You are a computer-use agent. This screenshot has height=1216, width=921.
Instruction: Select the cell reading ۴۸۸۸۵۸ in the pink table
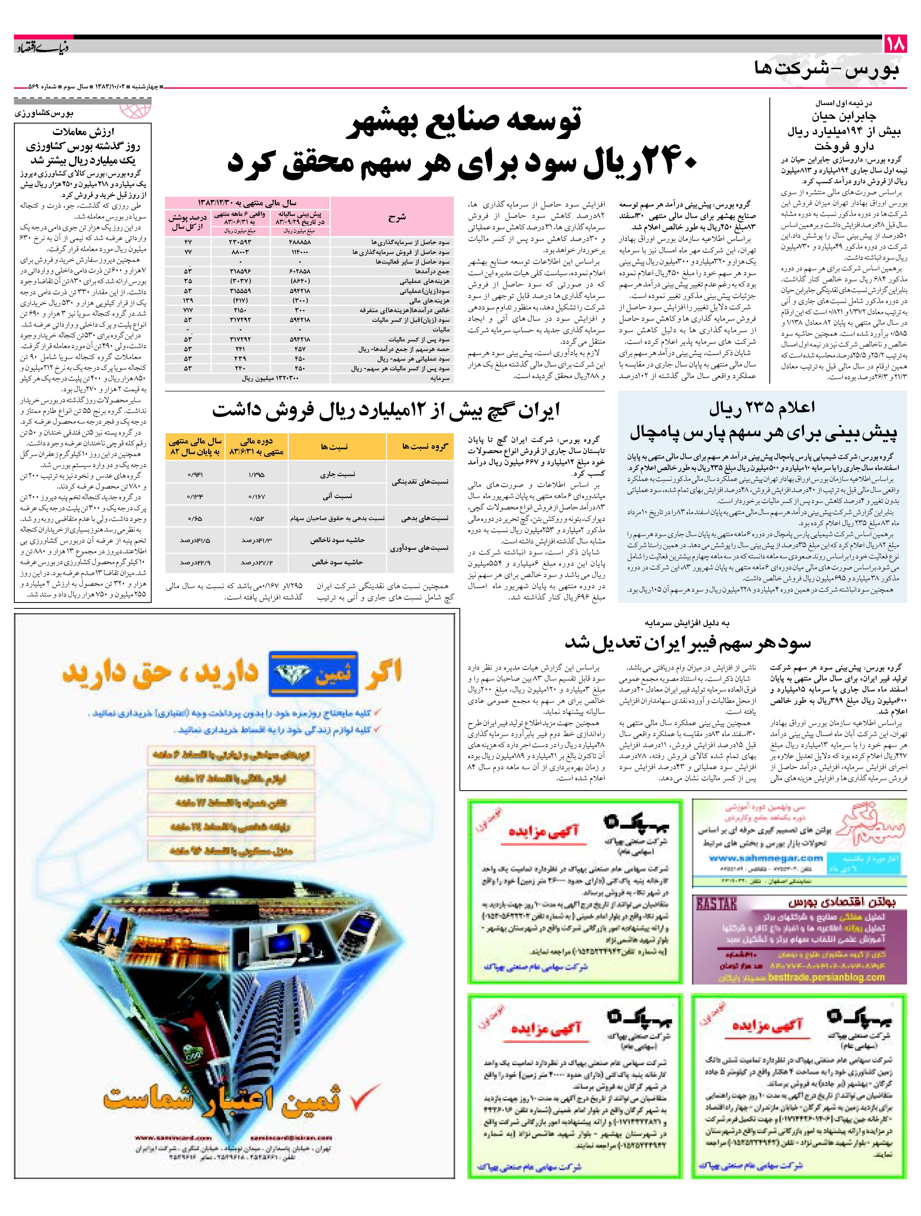tap(299, 242)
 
